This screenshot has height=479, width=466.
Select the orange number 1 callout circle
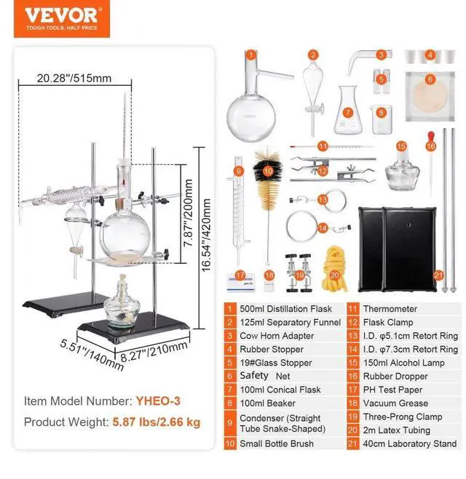[x=250, y=54]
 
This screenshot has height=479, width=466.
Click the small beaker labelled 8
[x=382, y=118]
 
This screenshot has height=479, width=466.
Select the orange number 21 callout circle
[x=438, y=275]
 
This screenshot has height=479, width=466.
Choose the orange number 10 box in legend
[x=230, y=443]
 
